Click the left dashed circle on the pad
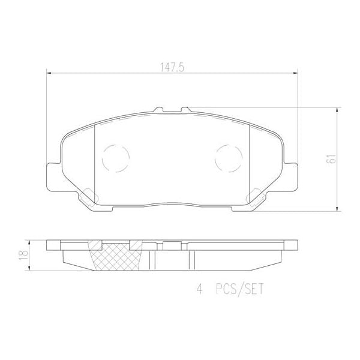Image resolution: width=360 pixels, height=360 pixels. [x=116, y=158]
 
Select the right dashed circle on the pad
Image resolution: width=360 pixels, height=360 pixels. [x=228, y=158]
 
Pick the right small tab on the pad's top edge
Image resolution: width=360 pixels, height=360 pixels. [x=185, y=110]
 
